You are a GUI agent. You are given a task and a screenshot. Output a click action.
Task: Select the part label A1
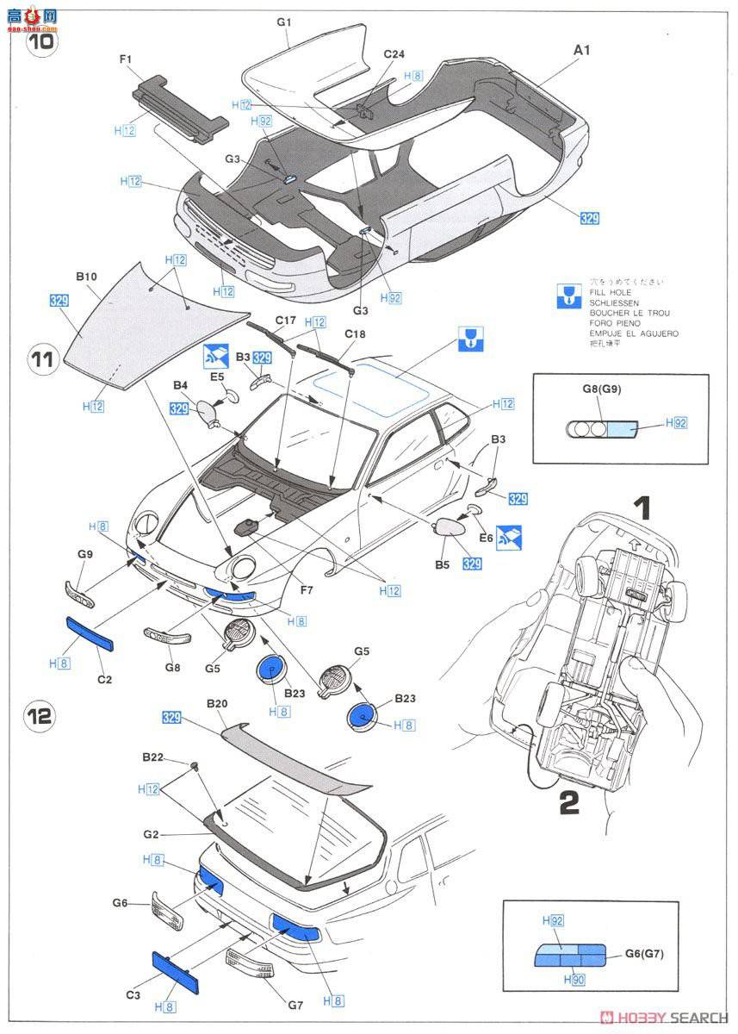(582, 51)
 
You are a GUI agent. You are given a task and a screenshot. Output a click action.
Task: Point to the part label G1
(285, 20)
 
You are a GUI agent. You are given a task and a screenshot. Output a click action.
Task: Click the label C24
(394, 53)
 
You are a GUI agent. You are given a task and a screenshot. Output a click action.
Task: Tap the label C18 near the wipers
(356, 333)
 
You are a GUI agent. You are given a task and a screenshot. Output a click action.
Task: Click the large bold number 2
(568, 803)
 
